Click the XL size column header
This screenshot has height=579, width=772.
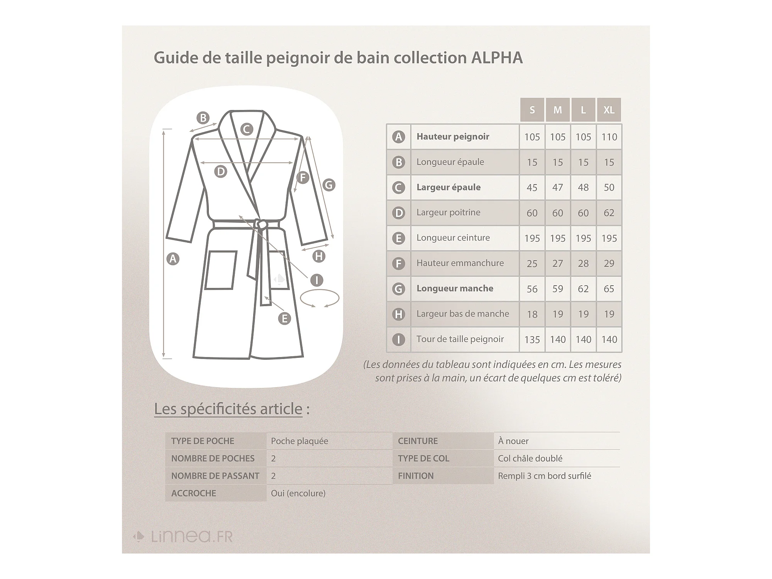point(609,110)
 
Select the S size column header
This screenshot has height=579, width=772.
point(532,110)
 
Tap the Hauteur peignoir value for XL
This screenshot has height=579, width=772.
point(609,137)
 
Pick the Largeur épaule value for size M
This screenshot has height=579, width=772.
point(557,188)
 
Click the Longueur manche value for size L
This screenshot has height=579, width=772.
point(583,289)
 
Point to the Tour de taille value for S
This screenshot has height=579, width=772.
point(532,340)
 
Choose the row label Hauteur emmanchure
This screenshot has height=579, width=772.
point(460,263)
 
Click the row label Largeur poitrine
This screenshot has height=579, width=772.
point(448,212)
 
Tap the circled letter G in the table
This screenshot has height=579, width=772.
point(398,289)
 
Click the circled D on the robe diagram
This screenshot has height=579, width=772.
point(220,171)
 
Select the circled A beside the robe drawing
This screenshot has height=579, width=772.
point(173,259)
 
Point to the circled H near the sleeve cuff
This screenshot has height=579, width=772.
point(319,256)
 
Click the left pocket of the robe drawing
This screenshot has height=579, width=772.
point(220,270)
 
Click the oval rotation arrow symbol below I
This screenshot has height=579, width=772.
point(320,298)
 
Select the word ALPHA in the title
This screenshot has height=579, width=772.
point(497,58)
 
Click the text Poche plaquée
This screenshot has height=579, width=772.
point(299,441)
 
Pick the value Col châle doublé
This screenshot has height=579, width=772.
point(530,459)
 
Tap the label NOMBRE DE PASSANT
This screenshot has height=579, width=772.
point(215,476)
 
